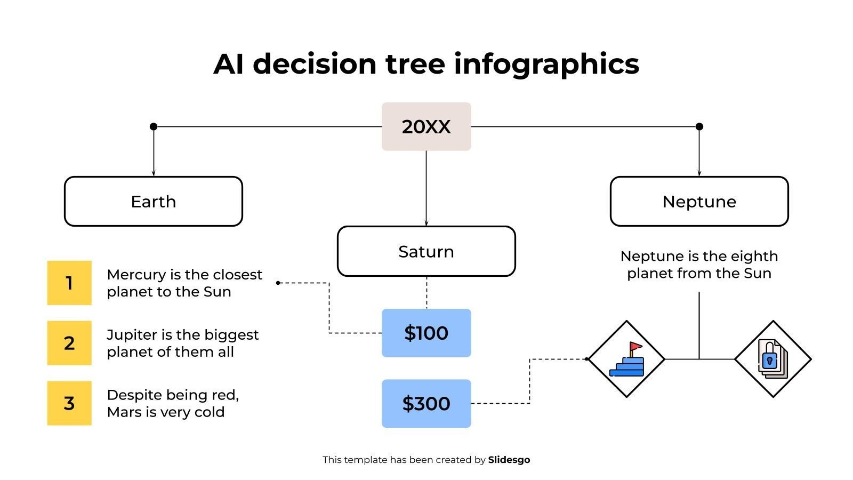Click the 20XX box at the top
click(x=426, y=126)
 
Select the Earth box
click(x=154, y=202)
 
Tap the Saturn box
click(x=426, y=251)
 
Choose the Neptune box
click(x=699, y=202)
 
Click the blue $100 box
click(x=426, y=333)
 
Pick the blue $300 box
click(x=426, y=403)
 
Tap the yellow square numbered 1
click(x=69, y=283)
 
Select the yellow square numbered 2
click(x=69, y=343)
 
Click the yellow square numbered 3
click(x=69, y=403)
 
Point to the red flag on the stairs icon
click(x=635, y=346)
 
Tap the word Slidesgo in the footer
click(x=509, y=460)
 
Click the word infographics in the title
click(x=546, y=64)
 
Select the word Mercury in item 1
click(x=136, y=275)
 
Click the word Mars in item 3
click(x=124, y=412)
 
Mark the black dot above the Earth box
click(x=154, y=126)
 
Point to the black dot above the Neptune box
click(x=699, y=126)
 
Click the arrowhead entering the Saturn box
click(x=426, y=223)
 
